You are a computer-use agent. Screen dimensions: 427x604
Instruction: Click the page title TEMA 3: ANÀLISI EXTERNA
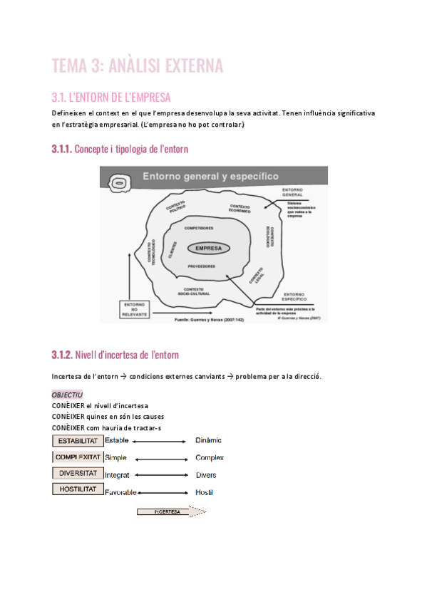138,66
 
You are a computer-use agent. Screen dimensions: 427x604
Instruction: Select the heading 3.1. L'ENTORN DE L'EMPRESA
111,97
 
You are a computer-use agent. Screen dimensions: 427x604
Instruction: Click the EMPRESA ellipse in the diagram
209,249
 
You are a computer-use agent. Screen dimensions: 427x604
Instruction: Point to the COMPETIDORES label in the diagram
198,229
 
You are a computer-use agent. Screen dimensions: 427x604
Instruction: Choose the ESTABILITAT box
77,441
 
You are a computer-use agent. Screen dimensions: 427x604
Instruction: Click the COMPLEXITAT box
77,457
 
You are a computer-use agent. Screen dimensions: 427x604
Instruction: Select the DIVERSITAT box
77,474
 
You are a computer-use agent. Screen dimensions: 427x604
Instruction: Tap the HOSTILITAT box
77,490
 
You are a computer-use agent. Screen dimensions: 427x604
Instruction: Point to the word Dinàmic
208,441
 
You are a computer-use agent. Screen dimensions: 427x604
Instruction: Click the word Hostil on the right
204,492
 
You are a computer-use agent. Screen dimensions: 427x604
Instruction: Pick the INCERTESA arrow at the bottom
170,511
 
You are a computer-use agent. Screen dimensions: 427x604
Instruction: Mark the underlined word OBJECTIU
68,394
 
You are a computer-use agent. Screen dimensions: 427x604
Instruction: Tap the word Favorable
120,492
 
